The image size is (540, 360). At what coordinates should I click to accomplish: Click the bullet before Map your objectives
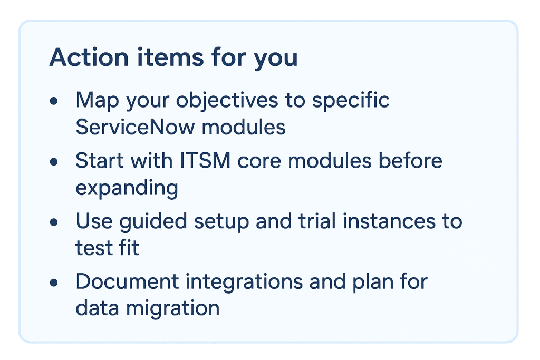click(x=54, y=101)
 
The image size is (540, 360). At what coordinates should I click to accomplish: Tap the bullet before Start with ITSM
click(x=54, y=161)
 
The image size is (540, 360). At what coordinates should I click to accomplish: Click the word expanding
click(x=127, y=189)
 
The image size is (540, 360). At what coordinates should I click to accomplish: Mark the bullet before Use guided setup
click(x=54, y=222)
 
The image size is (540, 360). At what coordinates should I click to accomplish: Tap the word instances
click(x=391, y=221)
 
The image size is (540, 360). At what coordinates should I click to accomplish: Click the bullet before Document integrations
click(x=54, y=283)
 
